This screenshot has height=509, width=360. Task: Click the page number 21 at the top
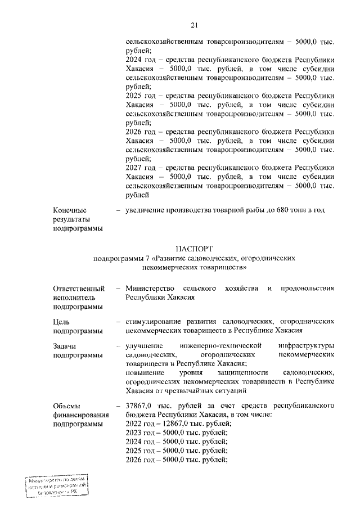pos(195,24)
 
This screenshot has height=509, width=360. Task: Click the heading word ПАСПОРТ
pos(195,248)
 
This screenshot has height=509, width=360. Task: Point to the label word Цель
pos(61,321)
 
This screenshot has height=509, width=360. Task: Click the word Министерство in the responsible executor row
pos(150,289)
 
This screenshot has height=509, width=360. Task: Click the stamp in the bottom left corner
pos(56,487)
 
